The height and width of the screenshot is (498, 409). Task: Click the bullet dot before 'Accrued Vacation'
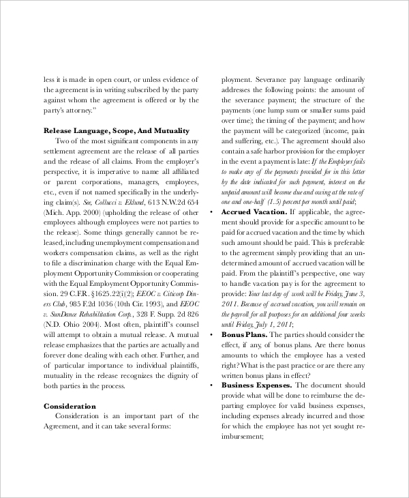[212, 212]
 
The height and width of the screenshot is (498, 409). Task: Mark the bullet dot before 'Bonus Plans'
[212, 336]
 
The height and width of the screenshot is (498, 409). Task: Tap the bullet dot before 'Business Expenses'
[212, 385]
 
